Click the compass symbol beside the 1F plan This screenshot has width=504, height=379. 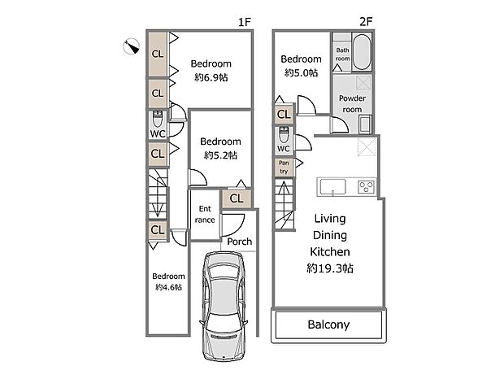click(132, 46)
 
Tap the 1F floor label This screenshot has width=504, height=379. click(245, 22)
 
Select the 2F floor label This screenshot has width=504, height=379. click(366, 22)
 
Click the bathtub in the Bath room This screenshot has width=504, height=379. click(362, 52)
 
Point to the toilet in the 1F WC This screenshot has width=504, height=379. click(158, 119)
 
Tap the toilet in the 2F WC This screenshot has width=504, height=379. click(284, 135)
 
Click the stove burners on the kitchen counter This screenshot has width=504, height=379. click(366, 187)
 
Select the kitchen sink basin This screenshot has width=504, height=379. click(332, 186)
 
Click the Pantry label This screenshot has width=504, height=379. click(284, 168)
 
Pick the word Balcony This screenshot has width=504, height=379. click(328, 325)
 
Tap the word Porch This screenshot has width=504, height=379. click(240, 242)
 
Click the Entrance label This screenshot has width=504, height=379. click(205, 215)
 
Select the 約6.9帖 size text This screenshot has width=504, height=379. click(211, 77)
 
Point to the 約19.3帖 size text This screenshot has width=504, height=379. click(330, 268)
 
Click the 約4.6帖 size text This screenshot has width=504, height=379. click(168, 287)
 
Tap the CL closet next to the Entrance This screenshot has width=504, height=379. click(237, 198)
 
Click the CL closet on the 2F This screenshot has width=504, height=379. click(284, 114)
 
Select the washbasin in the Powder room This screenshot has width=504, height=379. click(365, 124)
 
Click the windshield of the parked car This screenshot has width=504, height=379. click(223, 272)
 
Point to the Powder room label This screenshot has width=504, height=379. click(352, 103)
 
